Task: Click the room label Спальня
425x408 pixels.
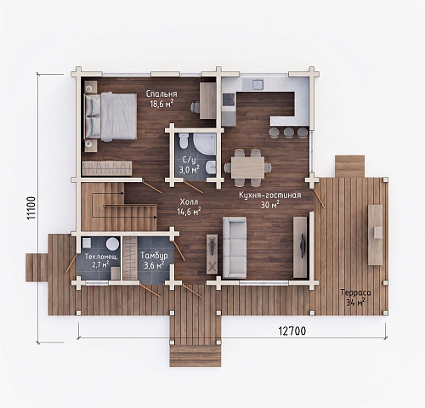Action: (x=161, y=94)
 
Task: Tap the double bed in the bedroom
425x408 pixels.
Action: (x=110, y=117)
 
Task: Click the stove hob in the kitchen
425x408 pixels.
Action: (x=229, y=99)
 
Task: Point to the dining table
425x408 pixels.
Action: (x=248, y=167)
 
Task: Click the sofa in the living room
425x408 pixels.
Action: (x=235, y=247)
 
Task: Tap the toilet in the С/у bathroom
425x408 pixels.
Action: (x=184, y=141)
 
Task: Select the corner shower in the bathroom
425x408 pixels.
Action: (x=205, y=144)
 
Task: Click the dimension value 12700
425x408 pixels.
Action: (x=292, y=331)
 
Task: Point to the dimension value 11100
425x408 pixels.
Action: (x=31, y=207)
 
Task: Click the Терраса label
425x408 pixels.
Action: (x=355, y=292)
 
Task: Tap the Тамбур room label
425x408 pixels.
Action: (x=154, y=256)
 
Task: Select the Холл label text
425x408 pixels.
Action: (x=189, y=201)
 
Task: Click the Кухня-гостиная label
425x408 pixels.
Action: (x=270, y=195)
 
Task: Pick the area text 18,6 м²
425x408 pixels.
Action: (x=161, y=104)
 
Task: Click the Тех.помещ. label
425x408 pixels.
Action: (x=101, y=257)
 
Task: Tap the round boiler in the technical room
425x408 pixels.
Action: (x=112, y=244)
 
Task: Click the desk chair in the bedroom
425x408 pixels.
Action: (x=195, y=107)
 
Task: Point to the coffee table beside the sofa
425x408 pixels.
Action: (x=212, y=254)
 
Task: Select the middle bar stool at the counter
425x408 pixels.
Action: (x=289, y=132)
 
